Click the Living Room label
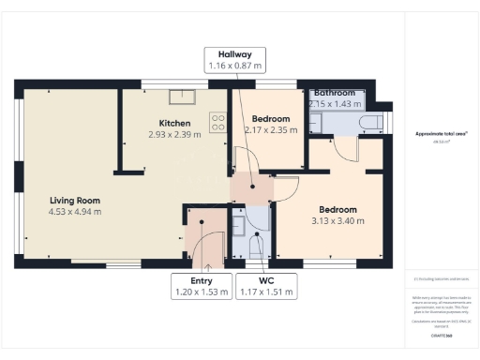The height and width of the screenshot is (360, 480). pos(75,201)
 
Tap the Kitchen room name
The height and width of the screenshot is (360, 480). pos(174,124)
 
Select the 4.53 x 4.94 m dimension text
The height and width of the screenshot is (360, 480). pos(75,212)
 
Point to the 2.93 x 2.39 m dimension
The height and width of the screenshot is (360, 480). pos(175,135)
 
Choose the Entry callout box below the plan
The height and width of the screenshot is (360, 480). pos(201,286)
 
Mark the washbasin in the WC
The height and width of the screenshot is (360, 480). pos(237,228)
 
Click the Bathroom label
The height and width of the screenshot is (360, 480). pos(334,94)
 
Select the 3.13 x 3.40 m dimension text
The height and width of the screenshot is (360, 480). pos(337,221)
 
